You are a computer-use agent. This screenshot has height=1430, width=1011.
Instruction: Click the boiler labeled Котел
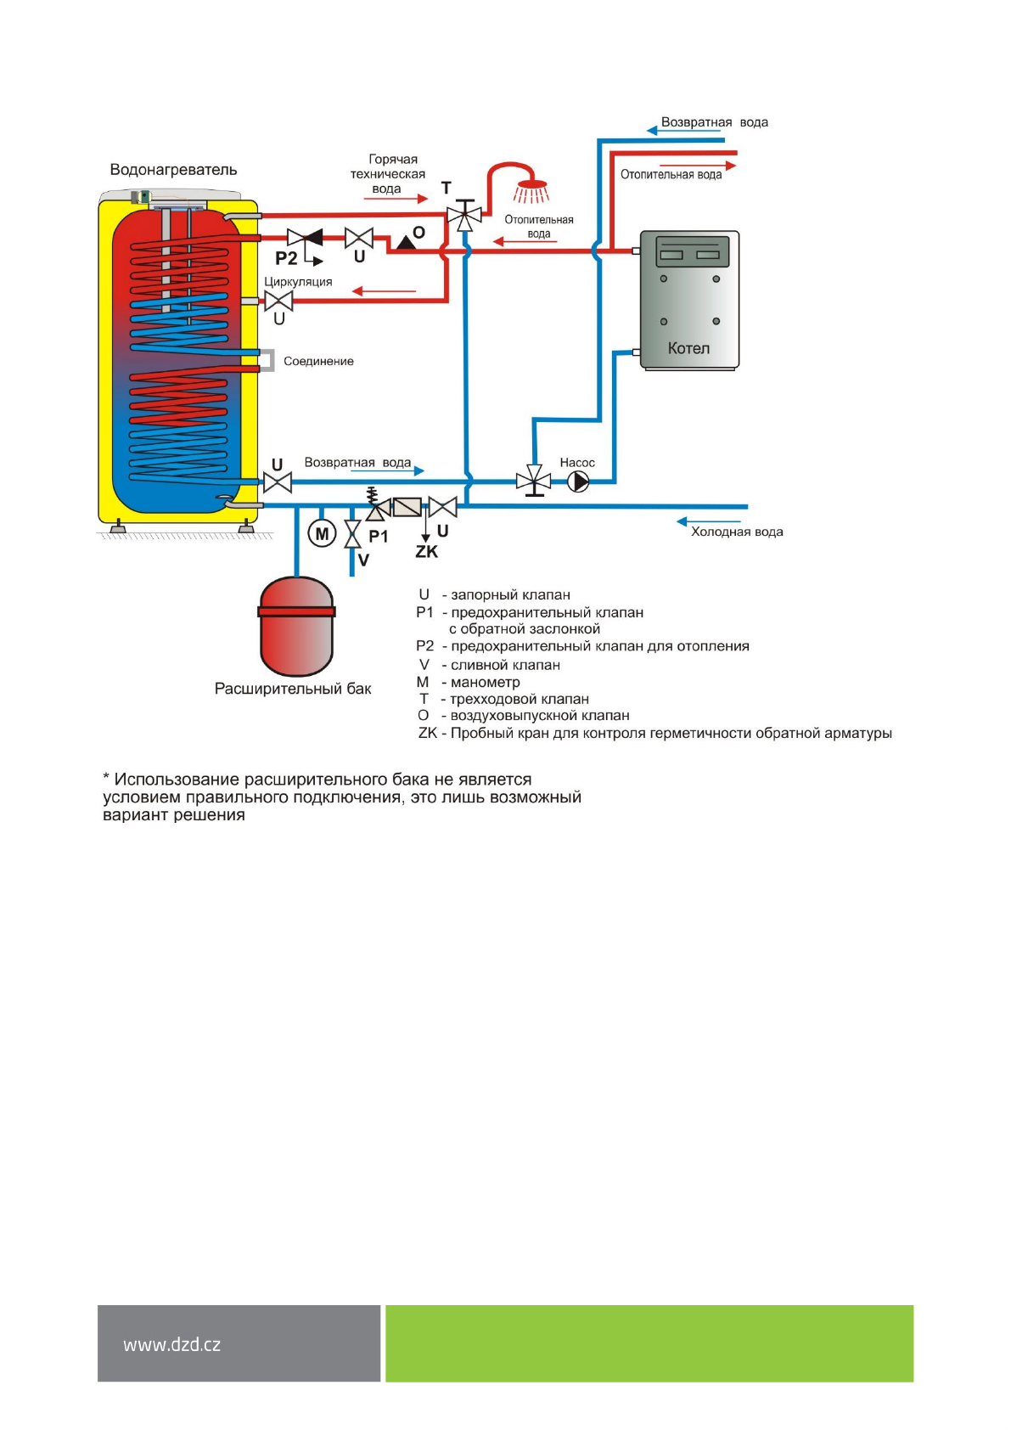[689, 300]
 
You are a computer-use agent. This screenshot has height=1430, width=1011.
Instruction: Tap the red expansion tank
[296, 626]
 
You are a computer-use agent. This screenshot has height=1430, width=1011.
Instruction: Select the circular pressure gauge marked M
[322, 534]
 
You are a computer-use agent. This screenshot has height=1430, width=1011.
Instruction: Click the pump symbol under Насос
[578, 482]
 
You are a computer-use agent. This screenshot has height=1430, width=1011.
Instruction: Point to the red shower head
[532, 187]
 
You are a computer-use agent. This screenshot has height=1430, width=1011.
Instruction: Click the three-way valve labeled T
[463, 216]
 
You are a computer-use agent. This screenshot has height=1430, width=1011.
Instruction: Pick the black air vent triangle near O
[407, 243]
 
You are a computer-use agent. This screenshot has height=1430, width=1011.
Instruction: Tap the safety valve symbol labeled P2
[305, 238]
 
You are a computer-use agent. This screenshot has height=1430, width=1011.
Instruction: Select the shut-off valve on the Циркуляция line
[278, 301]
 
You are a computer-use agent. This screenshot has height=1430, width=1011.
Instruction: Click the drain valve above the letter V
[352, 534]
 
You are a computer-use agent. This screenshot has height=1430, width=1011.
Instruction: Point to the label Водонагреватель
[173, 170]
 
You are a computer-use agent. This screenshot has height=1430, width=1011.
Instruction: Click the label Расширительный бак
[293, 689]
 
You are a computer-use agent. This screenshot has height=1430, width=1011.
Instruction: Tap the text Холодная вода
[737, 532]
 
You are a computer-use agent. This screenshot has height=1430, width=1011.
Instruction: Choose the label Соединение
[318, 362]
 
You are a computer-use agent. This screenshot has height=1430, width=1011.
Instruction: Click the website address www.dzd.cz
[172, 1345]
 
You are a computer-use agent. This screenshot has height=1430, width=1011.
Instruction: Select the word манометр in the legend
[485, 682]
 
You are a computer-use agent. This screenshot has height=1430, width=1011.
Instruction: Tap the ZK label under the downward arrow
[426, 552]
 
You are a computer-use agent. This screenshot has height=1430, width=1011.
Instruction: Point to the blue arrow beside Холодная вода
[709, 521]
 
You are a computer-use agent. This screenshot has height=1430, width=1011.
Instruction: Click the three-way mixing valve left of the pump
[534, 481]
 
